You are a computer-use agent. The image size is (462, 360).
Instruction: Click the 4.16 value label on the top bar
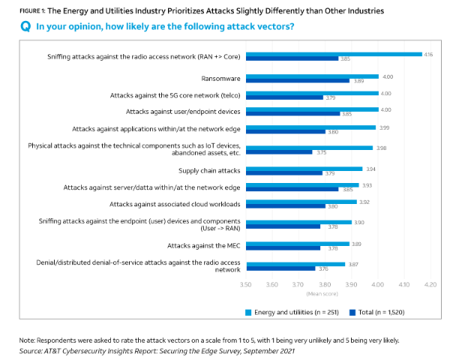click(427, 55)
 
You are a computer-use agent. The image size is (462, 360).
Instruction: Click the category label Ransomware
click(221, 78)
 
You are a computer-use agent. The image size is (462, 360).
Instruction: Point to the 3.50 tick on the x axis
click(245, 286)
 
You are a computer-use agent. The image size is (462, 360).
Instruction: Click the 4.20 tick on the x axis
click(430, 286)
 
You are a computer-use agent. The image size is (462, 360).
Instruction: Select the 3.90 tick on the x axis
click(351, 286)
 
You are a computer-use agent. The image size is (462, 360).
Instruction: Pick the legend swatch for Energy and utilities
click(248, 310)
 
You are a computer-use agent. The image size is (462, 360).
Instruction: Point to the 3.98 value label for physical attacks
click(381, 148)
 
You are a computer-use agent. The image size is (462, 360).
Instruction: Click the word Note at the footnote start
click(28, 340)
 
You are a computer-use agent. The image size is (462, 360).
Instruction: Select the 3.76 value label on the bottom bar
click(324, 268)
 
